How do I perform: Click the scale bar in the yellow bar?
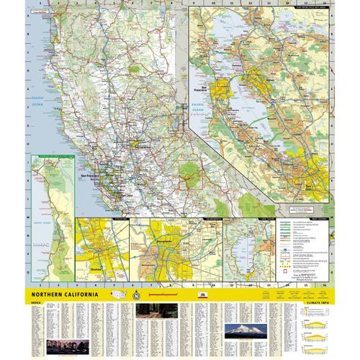[158, 295]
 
